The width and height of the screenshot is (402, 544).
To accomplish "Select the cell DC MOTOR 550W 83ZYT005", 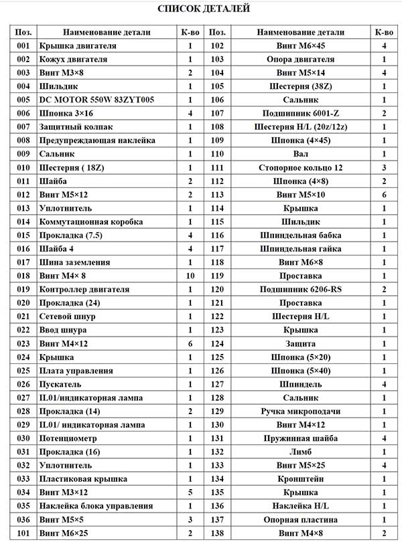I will pos(96,100).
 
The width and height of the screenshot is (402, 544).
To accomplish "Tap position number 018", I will pos(23,276).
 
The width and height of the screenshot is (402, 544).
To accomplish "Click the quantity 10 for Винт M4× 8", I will pos(190,276).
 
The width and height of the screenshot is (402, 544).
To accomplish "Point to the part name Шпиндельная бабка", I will pos(300,235).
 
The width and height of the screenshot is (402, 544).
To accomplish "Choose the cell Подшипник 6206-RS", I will pos(300,289).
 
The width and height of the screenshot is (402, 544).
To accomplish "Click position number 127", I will pos(216,384).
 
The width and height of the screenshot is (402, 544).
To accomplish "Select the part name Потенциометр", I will pos(68,438).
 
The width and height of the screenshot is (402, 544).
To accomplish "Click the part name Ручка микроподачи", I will pos(300,411).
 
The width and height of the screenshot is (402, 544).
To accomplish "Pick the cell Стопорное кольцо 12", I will pos(300,167).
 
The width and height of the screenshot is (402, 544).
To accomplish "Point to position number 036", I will pos(23,519).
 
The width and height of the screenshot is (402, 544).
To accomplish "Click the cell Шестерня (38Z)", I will pos(300,86).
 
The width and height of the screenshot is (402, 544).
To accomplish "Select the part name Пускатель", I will pos(60,384).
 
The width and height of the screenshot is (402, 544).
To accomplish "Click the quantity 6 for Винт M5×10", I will pos(384,195).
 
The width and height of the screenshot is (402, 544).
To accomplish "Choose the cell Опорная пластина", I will pos(300,519).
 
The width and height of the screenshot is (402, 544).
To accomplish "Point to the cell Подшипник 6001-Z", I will pos(300,113).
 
